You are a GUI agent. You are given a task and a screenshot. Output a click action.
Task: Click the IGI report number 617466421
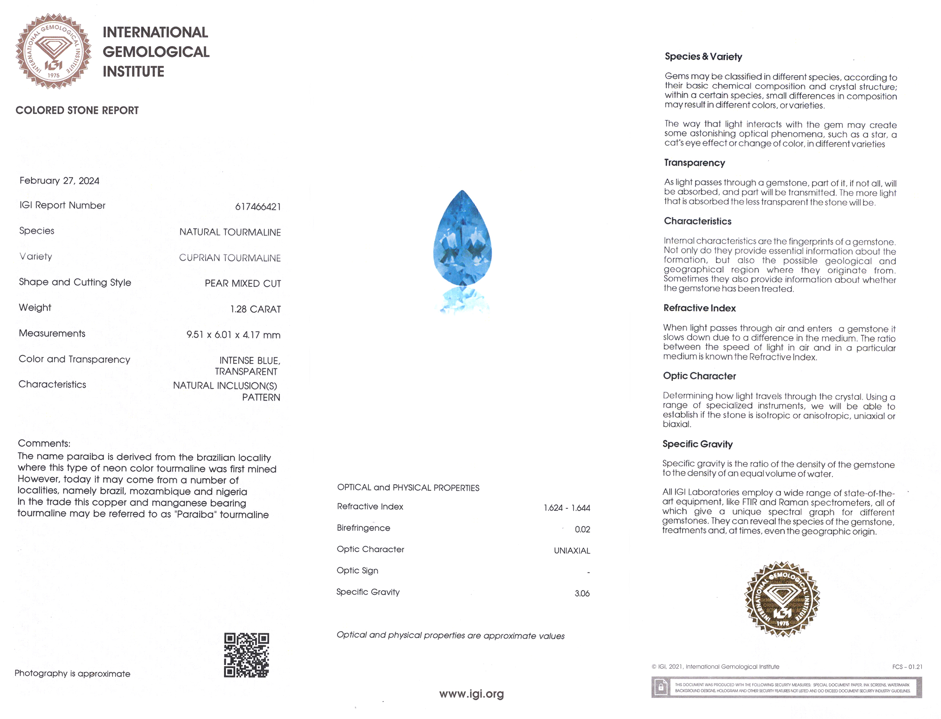tap(258, 207)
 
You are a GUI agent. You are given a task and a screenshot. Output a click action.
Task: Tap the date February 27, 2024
tap(59, 181)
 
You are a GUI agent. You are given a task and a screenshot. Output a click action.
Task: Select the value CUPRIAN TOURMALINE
tap(230, 258)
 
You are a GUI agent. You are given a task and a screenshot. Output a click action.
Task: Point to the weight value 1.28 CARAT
tap(255, 309)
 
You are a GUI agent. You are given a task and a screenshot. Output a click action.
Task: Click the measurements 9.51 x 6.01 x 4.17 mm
tap(233, 335)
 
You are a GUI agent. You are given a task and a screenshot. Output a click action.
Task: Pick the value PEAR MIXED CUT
tap(243, 284)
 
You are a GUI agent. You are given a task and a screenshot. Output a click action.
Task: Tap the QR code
tap(247, 655)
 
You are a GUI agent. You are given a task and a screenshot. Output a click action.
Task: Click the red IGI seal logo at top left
tap(53, 51)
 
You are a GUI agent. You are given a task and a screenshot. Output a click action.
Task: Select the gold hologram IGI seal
tap(782, 599)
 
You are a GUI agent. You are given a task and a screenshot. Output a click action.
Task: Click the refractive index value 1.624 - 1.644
tap(566, 508)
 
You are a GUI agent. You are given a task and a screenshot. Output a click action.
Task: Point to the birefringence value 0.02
tap(582, 529)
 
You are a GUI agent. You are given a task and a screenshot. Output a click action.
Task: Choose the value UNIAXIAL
tap(572, 551)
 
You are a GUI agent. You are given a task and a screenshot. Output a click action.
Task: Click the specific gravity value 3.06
tap(582, 593)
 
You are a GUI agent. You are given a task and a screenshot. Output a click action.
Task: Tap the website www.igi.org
tap(471, 694)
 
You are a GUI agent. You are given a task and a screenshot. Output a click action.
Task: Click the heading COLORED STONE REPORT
tap(77, 111)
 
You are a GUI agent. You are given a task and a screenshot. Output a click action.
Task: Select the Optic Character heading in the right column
tap(699, 376)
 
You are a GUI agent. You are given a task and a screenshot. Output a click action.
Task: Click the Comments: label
tap(44, 443)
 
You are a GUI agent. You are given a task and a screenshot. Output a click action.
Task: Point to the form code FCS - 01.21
tap(907, 667)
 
